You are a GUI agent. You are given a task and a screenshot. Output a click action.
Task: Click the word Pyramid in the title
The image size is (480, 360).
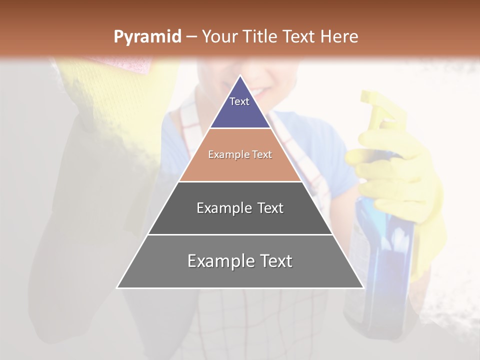tap(147, 37)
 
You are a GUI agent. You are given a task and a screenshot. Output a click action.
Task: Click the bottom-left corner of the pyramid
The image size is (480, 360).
tap(118, 287)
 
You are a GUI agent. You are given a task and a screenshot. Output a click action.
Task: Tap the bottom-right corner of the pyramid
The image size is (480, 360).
tap(362, 287)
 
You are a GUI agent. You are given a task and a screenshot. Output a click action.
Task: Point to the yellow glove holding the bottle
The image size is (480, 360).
tap(405, 190)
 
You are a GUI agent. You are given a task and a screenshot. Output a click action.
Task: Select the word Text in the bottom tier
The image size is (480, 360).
tap(272, 261)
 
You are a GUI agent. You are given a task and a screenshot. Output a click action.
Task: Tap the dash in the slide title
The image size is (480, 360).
tap(191, 36)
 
